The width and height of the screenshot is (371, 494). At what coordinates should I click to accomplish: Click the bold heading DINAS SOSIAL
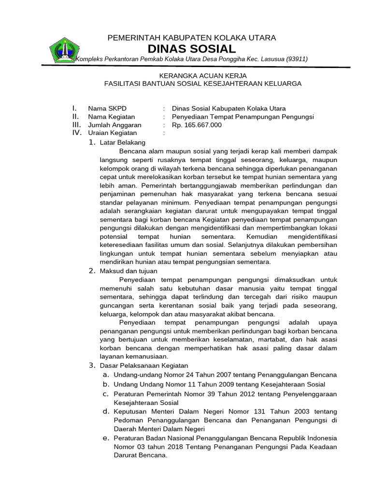point(192,49)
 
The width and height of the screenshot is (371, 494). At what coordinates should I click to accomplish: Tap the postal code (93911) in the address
point(297,59)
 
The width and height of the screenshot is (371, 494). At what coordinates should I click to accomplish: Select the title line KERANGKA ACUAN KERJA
point(203,76)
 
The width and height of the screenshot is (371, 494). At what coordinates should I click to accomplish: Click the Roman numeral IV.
point(76,133)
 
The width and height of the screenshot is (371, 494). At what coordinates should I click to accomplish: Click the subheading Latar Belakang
point(122,142)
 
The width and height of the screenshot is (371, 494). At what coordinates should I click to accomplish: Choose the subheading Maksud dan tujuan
point(128,271)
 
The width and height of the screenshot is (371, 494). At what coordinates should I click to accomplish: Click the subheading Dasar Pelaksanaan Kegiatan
point(143,366)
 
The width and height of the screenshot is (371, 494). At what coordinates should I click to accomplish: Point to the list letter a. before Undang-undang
point(105,375)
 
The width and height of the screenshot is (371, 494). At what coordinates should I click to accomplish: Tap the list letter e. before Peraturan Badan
point(105,439)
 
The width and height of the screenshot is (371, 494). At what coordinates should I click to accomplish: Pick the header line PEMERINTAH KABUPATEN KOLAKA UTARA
point(191,38)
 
